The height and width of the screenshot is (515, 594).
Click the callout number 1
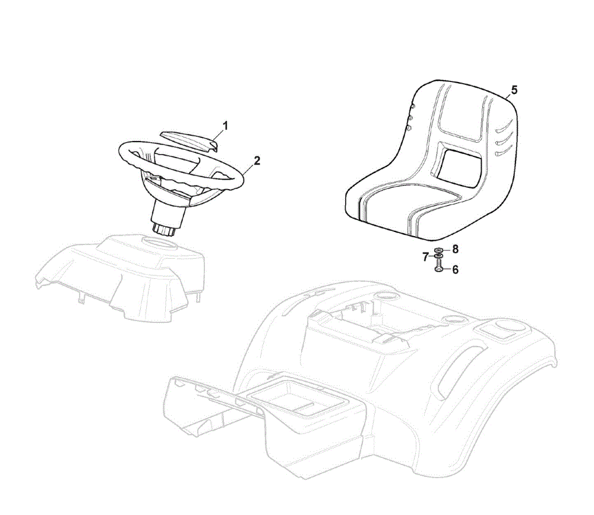pos(225,126)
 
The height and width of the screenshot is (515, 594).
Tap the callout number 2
pos(257,161)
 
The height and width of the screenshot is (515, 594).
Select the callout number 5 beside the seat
pos(514,90)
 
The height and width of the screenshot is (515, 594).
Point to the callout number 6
pos(456,269)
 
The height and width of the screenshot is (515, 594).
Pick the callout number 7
pos(425,257)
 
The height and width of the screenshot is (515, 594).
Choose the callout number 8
pos(456,249)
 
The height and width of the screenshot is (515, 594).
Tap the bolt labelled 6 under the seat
pos(438,268)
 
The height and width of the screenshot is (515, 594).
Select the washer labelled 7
pos(438,257)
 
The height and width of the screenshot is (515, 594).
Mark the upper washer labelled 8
pos(439,250)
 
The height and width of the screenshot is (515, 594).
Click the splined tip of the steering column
pos(164,230)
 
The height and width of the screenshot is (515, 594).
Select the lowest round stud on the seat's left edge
pos(409,128)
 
